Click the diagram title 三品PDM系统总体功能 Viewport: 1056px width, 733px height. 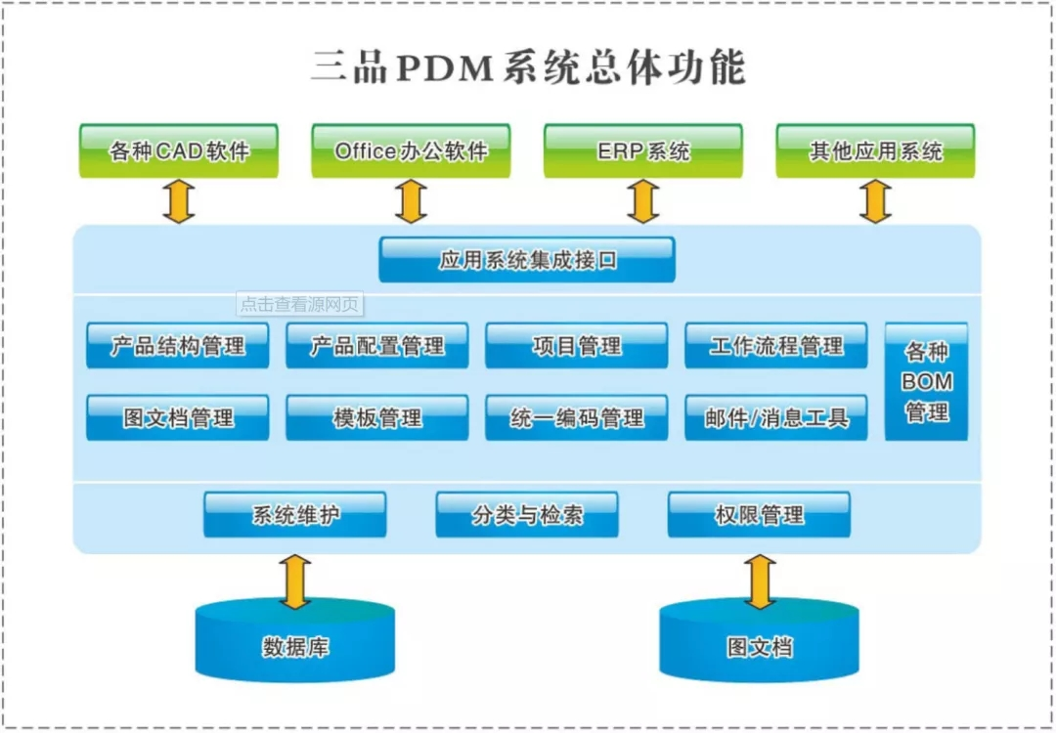pos(528,68)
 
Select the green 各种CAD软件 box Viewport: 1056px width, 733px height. pos(179,151)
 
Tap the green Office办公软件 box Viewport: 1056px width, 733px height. pos(411,151)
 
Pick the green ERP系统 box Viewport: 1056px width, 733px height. pos(642,151)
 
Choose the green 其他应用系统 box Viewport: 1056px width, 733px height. pos(875,151)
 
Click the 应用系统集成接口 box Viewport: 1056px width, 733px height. pos(527,260)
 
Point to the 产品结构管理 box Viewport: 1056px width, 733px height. pos(177,345)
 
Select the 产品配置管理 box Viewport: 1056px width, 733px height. pos(376,345)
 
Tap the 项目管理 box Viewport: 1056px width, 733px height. pos(576,345)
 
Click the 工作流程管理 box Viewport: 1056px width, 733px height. pos(775,345)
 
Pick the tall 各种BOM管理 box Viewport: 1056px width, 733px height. pos(926,381)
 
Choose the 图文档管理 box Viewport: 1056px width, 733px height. pos(177,417)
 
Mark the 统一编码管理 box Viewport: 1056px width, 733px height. pos(576,417)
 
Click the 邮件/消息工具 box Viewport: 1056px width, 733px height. pos(775,417)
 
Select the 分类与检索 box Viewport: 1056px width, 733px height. pos(527,514)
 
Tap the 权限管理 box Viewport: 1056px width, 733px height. pos(759,514)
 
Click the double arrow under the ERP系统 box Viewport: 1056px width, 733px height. pos(642,201)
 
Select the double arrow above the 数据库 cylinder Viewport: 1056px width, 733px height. pos(295,582)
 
